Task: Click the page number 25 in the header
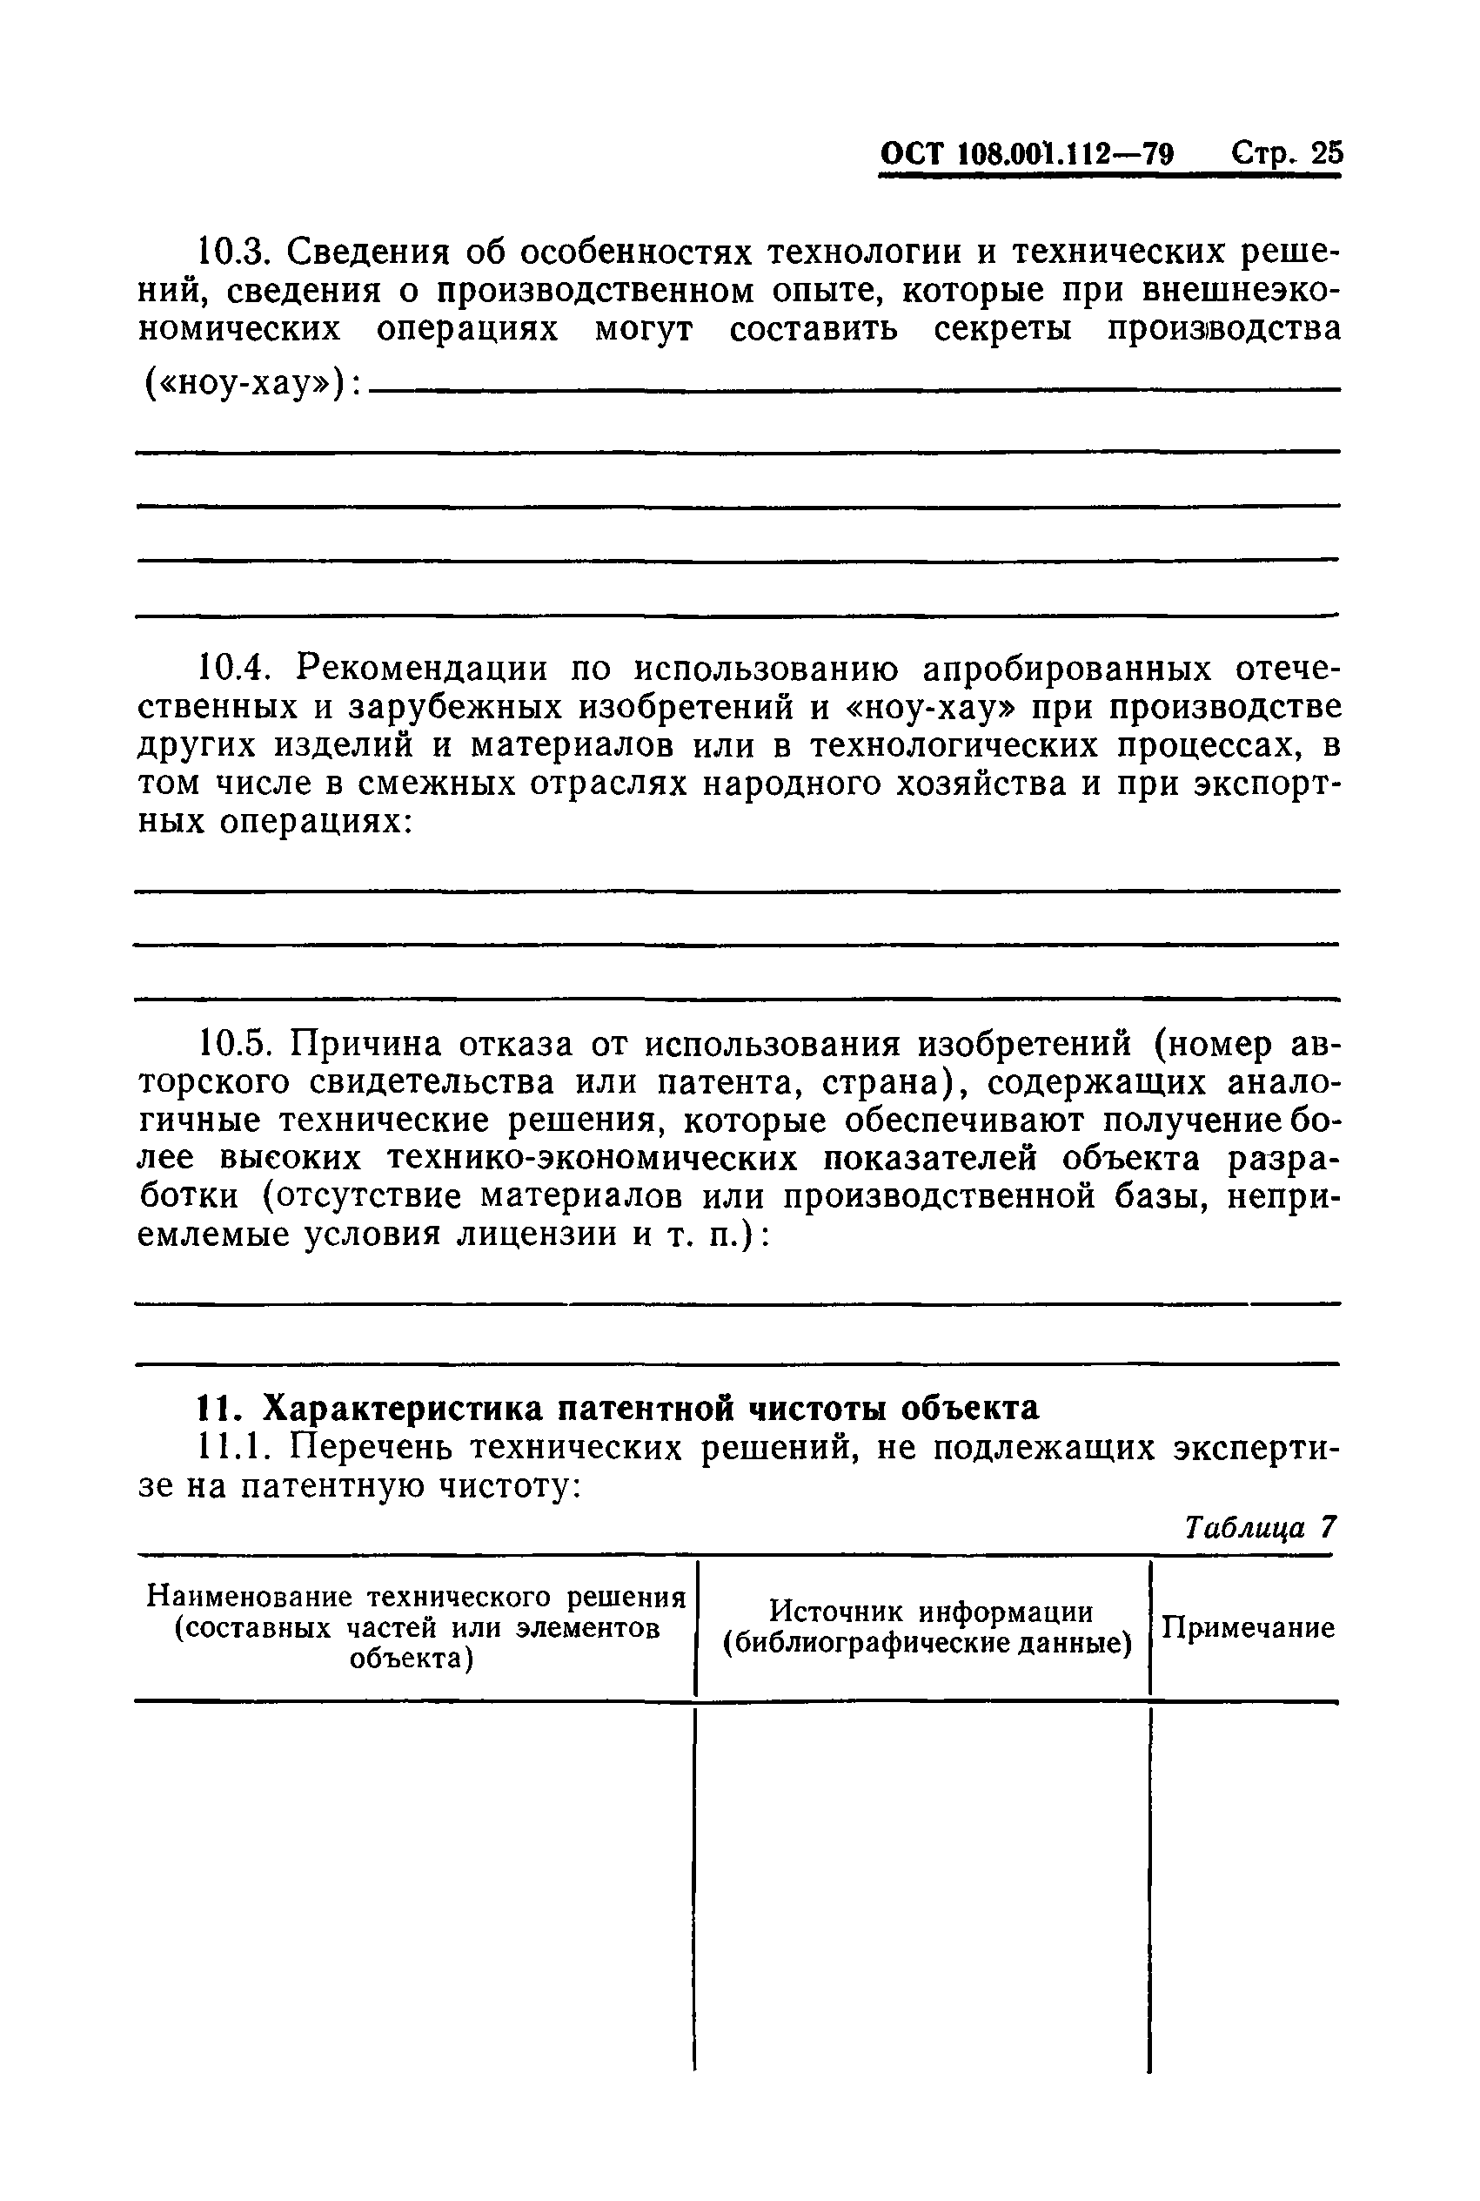(1325, 153)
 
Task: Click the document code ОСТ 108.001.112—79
(1026, 154)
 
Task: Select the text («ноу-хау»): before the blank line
(251, 384)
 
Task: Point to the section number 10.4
(232, 669)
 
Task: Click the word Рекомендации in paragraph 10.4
(420, 669)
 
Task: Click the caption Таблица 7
(1259, 1528)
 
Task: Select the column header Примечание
(1247, 1628)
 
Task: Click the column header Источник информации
(931, 1611)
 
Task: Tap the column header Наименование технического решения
(415, 1597)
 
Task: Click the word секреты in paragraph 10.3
(1001, 328)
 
